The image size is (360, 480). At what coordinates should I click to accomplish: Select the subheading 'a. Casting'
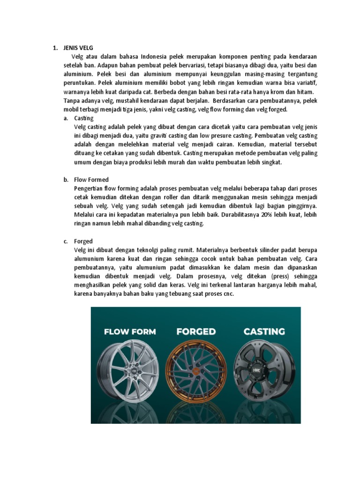tap(84, 118)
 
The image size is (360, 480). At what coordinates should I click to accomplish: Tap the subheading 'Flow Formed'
tap(91, 180)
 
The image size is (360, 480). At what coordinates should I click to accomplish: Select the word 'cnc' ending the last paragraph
tap(227, 294)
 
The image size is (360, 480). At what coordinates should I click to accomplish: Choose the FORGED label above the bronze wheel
tap(196, 331)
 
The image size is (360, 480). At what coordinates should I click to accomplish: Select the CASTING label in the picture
tap(264, 331)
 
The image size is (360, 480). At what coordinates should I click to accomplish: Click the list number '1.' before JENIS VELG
tap(55, 48)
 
